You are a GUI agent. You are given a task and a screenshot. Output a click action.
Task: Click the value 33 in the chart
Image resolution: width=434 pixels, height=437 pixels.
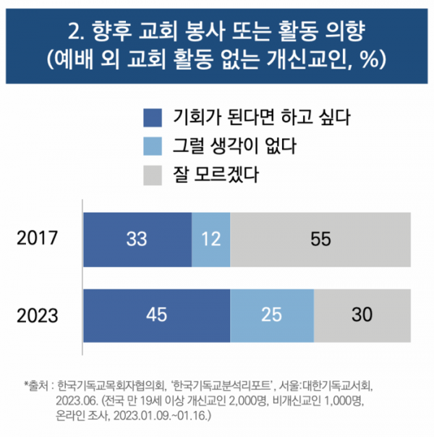pos(137,238)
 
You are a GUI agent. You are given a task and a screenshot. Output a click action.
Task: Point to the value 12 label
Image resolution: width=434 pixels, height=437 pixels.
pos(210,238)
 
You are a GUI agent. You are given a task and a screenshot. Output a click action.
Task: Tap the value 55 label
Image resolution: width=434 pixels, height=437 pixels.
pos(320,238)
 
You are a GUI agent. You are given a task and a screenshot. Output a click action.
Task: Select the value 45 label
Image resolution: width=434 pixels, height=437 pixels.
pos(156,315)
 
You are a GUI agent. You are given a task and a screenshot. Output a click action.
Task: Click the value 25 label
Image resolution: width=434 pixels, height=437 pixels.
pos(272,315)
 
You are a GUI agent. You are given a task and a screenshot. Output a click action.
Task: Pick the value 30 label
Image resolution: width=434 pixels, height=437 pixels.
pos(362,315)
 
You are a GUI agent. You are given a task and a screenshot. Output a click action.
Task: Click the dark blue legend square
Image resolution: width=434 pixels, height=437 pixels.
pos(154,116)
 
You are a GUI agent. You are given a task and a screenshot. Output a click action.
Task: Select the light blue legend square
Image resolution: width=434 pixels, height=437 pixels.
pos(154,145)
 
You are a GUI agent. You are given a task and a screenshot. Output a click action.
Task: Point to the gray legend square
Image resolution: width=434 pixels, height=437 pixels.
pos(154,174)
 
